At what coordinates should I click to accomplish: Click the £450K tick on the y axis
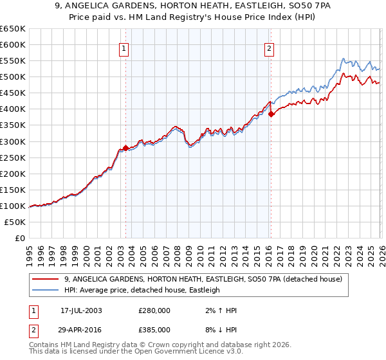tap(14, 93)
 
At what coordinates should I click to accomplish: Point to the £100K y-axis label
tap(14, 206)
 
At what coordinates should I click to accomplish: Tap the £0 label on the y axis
tap(20, 238)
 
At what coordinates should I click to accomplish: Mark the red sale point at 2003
tap(126, 148)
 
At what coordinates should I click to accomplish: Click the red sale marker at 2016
tap(271, 114)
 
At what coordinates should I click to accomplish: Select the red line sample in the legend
tap(47, 279)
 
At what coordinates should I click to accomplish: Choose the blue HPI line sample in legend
tap(47, 290)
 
